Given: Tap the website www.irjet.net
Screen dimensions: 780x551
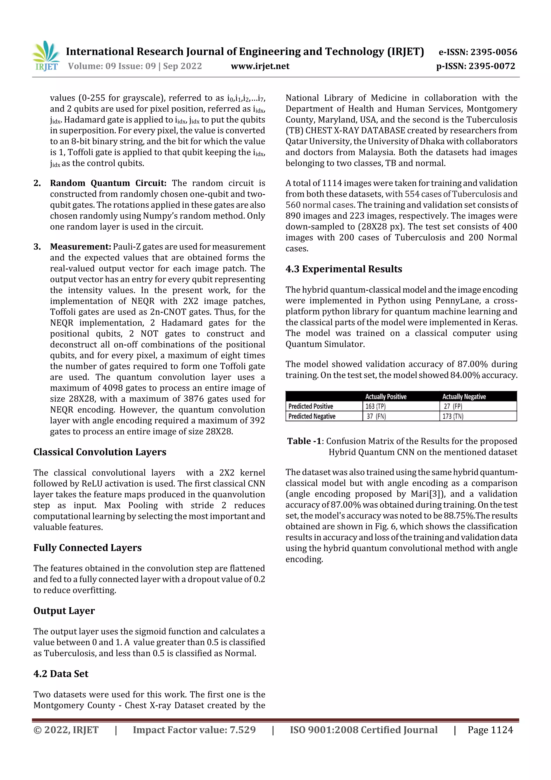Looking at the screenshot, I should coord(260,66).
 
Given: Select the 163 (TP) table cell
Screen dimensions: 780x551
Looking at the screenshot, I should coord(376,406).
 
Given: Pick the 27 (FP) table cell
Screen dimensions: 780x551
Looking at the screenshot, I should coord(453,406).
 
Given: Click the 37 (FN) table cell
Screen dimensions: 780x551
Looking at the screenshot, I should coord(376,417).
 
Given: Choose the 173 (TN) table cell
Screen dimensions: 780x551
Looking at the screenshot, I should coord(453,417).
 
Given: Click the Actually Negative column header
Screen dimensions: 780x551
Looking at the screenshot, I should coord(464,396).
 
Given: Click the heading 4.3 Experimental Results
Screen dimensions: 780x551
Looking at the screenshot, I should coord(344,269).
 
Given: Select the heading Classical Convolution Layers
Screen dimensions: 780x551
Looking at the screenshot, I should coord(100,452).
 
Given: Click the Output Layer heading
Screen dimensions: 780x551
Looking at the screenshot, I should coord(64,611).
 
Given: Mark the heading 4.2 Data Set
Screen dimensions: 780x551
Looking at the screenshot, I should coord(61,674).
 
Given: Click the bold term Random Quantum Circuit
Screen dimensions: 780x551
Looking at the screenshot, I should coord(108,183).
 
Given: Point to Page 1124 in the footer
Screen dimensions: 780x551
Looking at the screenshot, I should coord(490,730).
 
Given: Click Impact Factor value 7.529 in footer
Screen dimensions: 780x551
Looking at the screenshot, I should coord(194,730).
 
